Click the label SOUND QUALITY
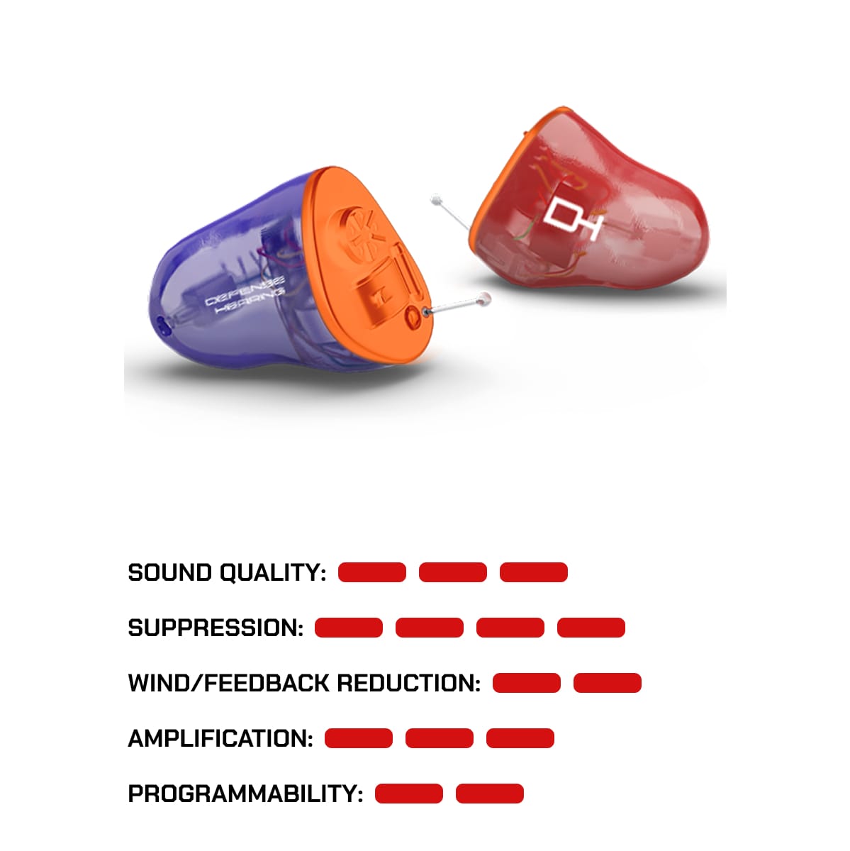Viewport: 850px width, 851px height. tap(227, 573)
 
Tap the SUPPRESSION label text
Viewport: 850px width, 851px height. tap(216, 628)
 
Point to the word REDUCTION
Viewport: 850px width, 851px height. tap(408, 684)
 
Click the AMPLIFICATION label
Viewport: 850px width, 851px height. tap(220, 739)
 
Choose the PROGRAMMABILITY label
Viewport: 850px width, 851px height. tap(245, 794)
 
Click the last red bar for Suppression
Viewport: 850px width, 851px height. tap(591, 628)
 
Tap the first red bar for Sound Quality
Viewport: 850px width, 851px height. tap(372, 572)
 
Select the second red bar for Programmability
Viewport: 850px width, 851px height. tap(490, 794)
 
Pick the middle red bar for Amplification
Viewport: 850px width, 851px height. tap(440, 738)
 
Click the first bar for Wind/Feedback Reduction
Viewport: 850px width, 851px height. tap(527, 683)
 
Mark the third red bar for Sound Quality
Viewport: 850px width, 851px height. tap(534, 572)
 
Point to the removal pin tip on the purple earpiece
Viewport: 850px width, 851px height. tap(485, 299)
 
